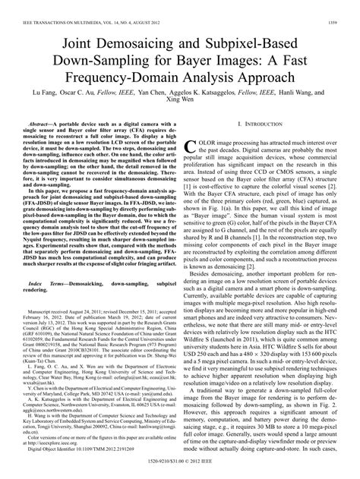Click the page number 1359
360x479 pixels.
[x=343, y=6]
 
